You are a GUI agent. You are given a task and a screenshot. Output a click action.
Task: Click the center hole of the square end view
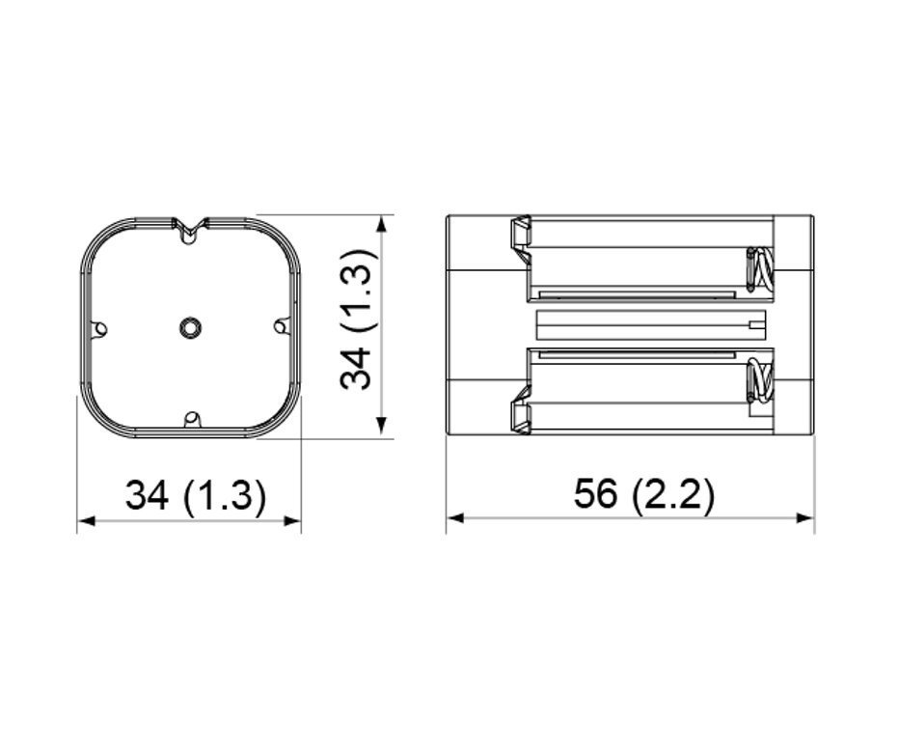[190, 327]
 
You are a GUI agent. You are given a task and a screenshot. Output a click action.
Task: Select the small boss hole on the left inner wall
[99, 329]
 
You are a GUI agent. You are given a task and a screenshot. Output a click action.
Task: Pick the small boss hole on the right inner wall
[281, 327]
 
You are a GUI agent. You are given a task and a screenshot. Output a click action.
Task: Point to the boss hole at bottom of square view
[192, 419]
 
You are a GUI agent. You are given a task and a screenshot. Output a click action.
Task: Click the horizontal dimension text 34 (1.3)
[196, 495]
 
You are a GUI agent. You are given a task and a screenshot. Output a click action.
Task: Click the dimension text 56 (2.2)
[644, 493]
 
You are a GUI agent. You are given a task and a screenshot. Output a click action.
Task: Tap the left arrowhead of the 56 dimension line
[455, 518]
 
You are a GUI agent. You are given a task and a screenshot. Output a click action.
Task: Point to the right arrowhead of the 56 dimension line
[805, 518]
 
